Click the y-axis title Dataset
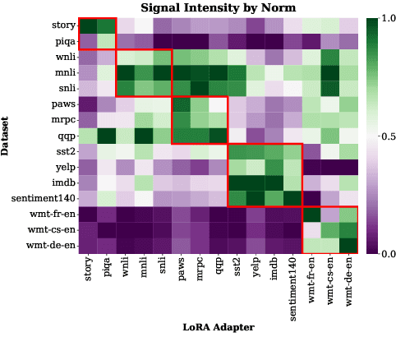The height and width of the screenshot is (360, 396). tap(7, 136)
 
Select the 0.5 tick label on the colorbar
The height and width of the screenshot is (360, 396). tap(385, 136)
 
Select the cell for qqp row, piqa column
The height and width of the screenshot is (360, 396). tap(106, 136)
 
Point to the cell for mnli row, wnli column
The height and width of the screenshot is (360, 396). tap(125, 72)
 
